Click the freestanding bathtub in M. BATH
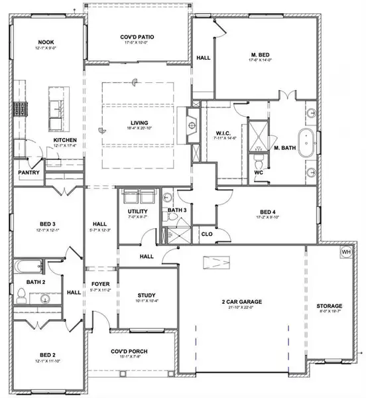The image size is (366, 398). click(x=307, y=145)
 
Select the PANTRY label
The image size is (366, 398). click(x=29, y=173)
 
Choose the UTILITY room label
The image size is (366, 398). click(x=137, y=211)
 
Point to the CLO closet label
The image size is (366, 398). click(x=206, y=233)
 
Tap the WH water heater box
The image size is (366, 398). click(x=345, y=253)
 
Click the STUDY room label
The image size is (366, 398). click(x=146, y=295)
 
